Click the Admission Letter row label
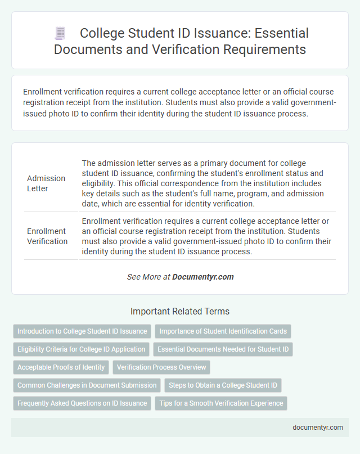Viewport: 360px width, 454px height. (x=46, y=183)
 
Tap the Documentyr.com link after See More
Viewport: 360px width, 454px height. (x=202, y=277)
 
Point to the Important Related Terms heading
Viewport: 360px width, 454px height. (x=179, y=311)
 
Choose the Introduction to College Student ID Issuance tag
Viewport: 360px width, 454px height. (x=82, y=331)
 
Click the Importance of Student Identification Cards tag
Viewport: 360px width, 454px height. (x=223, y=331)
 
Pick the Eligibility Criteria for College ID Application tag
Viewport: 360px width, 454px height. (x=82, y=349)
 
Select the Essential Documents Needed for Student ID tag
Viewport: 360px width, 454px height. (x=223, y=349)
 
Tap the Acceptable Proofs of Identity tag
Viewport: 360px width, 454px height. (x=61, y=367)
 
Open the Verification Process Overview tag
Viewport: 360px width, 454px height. (x=161, y=367)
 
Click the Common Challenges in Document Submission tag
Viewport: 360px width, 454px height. (x=87, y=385)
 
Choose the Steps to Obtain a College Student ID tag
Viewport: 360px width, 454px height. (x=223, y=385)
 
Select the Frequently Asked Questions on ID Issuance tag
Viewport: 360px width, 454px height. (x=82, y=403)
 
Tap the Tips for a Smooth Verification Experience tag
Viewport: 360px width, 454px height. (x=220, y=403)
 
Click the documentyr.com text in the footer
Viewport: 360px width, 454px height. (x=318, y=427)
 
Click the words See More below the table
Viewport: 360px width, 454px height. (x=141, y=277)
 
